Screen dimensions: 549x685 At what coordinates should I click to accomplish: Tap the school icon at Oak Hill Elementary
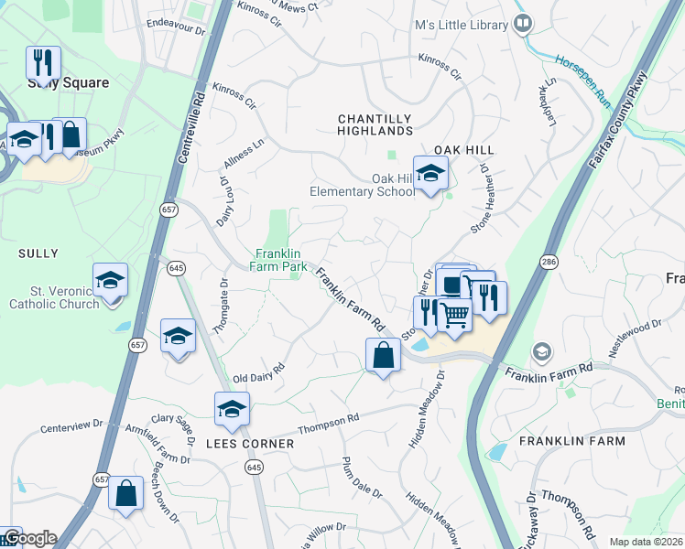click(429, 174)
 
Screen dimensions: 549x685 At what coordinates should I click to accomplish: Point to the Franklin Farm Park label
click(281, 260)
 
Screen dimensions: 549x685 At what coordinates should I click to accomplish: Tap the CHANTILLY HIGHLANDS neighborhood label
click(375, 125)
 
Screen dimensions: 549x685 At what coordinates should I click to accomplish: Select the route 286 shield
click(549, 262)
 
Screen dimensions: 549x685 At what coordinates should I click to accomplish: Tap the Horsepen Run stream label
click(582, 78)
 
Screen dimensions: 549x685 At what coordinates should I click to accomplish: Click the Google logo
click(29, 539)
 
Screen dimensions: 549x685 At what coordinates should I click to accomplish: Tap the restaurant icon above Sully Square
click(42, 64)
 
